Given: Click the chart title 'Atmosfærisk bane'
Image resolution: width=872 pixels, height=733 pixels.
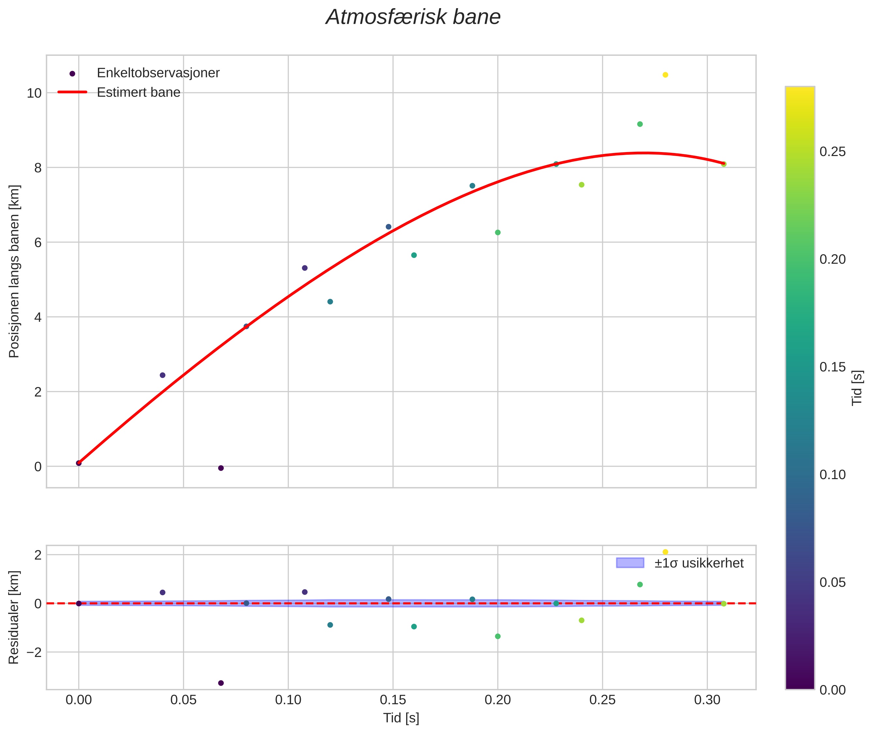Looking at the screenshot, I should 413,17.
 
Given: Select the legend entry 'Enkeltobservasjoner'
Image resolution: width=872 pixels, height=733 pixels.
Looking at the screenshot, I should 158,73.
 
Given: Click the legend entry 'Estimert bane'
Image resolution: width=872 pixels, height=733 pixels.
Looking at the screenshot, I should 138,92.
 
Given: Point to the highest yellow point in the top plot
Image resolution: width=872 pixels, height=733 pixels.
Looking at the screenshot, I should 665,75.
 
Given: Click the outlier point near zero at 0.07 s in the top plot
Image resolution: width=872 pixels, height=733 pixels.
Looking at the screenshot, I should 221,468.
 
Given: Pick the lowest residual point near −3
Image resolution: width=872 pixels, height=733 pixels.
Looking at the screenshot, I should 221,683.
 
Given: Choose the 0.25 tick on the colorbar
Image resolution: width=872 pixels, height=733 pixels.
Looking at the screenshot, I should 833,152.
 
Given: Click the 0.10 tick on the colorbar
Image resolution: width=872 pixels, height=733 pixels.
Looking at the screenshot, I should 833,475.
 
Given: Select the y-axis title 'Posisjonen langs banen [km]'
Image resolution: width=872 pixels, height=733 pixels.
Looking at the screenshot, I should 14,271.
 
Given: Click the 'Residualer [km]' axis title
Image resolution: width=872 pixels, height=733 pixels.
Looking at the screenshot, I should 14,617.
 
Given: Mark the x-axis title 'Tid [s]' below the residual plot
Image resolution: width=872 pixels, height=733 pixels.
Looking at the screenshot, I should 401,718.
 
